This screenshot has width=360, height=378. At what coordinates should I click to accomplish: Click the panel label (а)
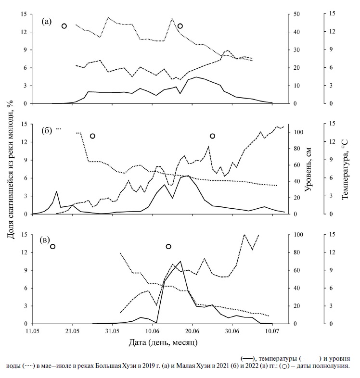pos(47,21)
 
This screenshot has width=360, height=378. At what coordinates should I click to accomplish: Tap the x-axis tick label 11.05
pos(32,331)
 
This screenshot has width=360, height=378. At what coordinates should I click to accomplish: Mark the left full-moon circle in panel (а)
pos(64,26)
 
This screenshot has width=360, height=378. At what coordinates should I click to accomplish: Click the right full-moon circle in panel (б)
pos(212,136)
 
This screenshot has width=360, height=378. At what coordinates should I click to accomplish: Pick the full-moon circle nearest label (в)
pos(52,246)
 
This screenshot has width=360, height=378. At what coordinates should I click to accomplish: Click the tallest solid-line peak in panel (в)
pos(180,261)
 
